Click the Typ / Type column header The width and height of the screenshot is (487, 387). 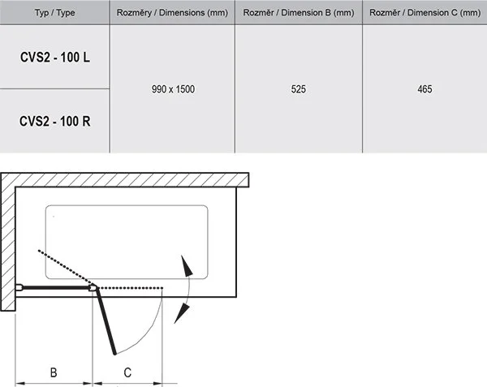(54, 12)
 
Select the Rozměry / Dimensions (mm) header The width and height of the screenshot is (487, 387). (171, 12)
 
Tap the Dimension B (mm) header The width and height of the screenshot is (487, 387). (299, 12)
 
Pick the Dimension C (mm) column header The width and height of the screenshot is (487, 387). (425, 12)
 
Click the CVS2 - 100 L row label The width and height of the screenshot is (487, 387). (54, 58)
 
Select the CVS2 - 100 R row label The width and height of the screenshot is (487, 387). (54, 121)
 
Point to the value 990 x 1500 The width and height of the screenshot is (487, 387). (171, 89)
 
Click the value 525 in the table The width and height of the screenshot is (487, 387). (299, 89)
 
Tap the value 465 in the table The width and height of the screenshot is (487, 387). (425, 89)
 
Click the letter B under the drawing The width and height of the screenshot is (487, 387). (54, 373)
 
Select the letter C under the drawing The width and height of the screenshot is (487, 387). (128, 373)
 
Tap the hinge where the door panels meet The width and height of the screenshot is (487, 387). (94, 286)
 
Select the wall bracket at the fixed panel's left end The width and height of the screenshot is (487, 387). (19, 286)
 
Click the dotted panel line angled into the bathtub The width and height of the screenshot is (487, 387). (65, 269)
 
